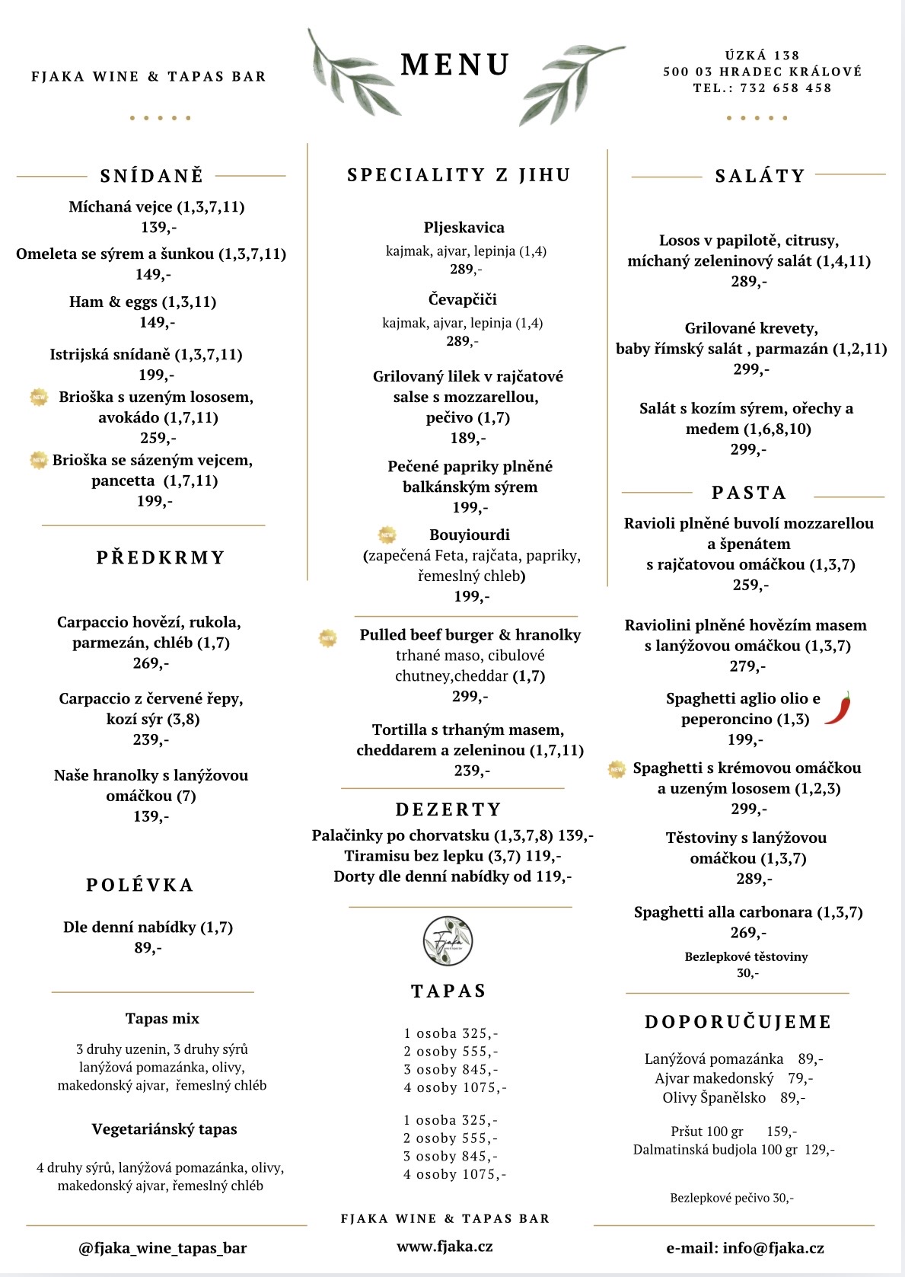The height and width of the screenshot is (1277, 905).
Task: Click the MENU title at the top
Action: [x=455, y=65]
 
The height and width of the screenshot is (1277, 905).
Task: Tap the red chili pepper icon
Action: [x=838, y=708]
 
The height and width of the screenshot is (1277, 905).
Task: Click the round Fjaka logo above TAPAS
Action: [x=448, y=941]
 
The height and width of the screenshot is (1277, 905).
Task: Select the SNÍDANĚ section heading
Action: [x=151, y=176]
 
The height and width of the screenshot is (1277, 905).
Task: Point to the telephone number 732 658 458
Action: [x=786, y=88]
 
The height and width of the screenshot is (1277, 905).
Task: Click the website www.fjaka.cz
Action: [x=445, y=1247]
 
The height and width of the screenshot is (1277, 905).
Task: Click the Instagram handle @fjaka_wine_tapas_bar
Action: [x=162, y=1247]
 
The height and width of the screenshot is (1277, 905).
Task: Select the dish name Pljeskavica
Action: [x=464, y=228]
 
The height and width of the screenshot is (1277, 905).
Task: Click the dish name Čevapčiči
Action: [x=462, y=299]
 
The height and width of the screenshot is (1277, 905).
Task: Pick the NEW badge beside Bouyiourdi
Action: [x=387, y=535]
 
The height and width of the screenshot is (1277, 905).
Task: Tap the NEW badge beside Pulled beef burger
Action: [x=328, y=638]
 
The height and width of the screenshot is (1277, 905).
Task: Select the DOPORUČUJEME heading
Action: [x=738, y=1022]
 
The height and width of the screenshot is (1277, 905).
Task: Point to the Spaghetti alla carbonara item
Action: [x=747, y=912]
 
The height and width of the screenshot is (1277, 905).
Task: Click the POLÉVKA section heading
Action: [x=140, y=885]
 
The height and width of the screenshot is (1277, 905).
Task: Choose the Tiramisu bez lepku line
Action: [x=452, y=856]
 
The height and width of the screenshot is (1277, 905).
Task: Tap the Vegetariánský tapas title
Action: [x=164, y=1129]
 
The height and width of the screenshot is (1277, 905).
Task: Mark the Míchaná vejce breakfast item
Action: [x=156, y=207]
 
